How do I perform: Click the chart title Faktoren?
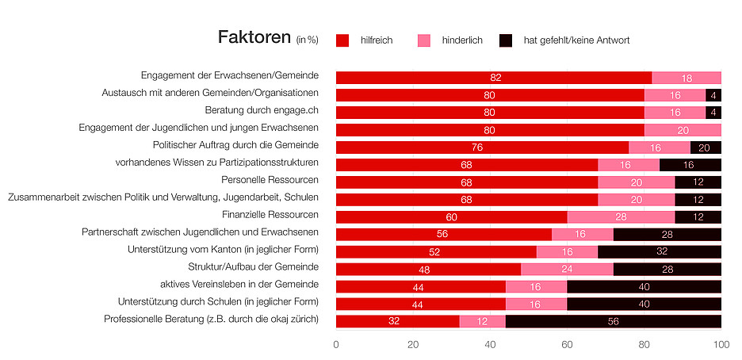click(254, 38)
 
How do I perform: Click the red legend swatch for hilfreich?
click(342, 40)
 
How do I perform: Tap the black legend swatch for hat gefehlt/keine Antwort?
click(506, 40)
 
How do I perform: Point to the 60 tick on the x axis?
click(567, 344)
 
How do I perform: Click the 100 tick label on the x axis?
click(721, 344)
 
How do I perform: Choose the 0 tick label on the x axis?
click(336, 344)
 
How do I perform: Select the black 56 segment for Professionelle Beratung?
click(614, 321)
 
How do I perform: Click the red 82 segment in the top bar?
click(494, 78)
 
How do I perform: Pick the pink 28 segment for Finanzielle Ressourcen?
click(621, 216)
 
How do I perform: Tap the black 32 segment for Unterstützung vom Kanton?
click(660, 251)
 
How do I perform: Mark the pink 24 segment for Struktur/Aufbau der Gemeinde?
click(567, 269)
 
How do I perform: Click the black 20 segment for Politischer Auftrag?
click(706, 147)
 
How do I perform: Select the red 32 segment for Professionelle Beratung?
click(397, 321)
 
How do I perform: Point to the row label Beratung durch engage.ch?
click(262, 110)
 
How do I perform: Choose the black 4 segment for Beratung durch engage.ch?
click(713, 113)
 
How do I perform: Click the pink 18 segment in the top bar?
click(687, 78)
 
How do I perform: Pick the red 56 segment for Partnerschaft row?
click(444, 234)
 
